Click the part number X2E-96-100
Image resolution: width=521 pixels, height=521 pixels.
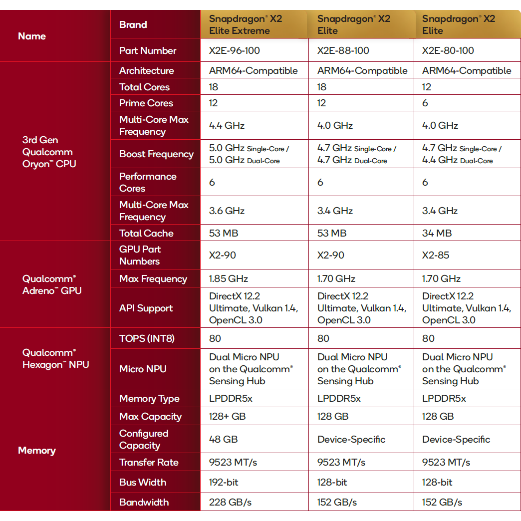234,50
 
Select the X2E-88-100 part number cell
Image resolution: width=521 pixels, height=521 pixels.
343,50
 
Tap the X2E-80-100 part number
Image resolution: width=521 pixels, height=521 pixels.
448,50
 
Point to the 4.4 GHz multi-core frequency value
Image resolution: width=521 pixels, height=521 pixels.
227,125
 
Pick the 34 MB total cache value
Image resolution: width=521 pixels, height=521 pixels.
437,233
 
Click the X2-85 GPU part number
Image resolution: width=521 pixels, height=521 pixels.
436,255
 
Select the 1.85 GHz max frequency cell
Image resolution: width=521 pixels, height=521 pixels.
228,278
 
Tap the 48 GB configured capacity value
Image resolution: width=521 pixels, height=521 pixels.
223,439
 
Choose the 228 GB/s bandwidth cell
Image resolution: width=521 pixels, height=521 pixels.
231,502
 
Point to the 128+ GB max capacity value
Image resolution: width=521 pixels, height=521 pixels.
227,416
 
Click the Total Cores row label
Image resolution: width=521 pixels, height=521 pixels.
144,87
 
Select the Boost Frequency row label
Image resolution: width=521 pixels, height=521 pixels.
156,154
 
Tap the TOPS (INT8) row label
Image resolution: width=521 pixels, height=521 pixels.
147,338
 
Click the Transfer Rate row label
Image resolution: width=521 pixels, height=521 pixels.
149,462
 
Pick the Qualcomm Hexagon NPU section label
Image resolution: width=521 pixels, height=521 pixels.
55,358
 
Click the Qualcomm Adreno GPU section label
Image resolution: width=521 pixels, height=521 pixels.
52,284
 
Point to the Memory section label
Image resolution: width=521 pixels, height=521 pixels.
36,450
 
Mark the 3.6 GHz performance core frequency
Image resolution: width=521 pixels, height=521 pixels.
227,211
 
